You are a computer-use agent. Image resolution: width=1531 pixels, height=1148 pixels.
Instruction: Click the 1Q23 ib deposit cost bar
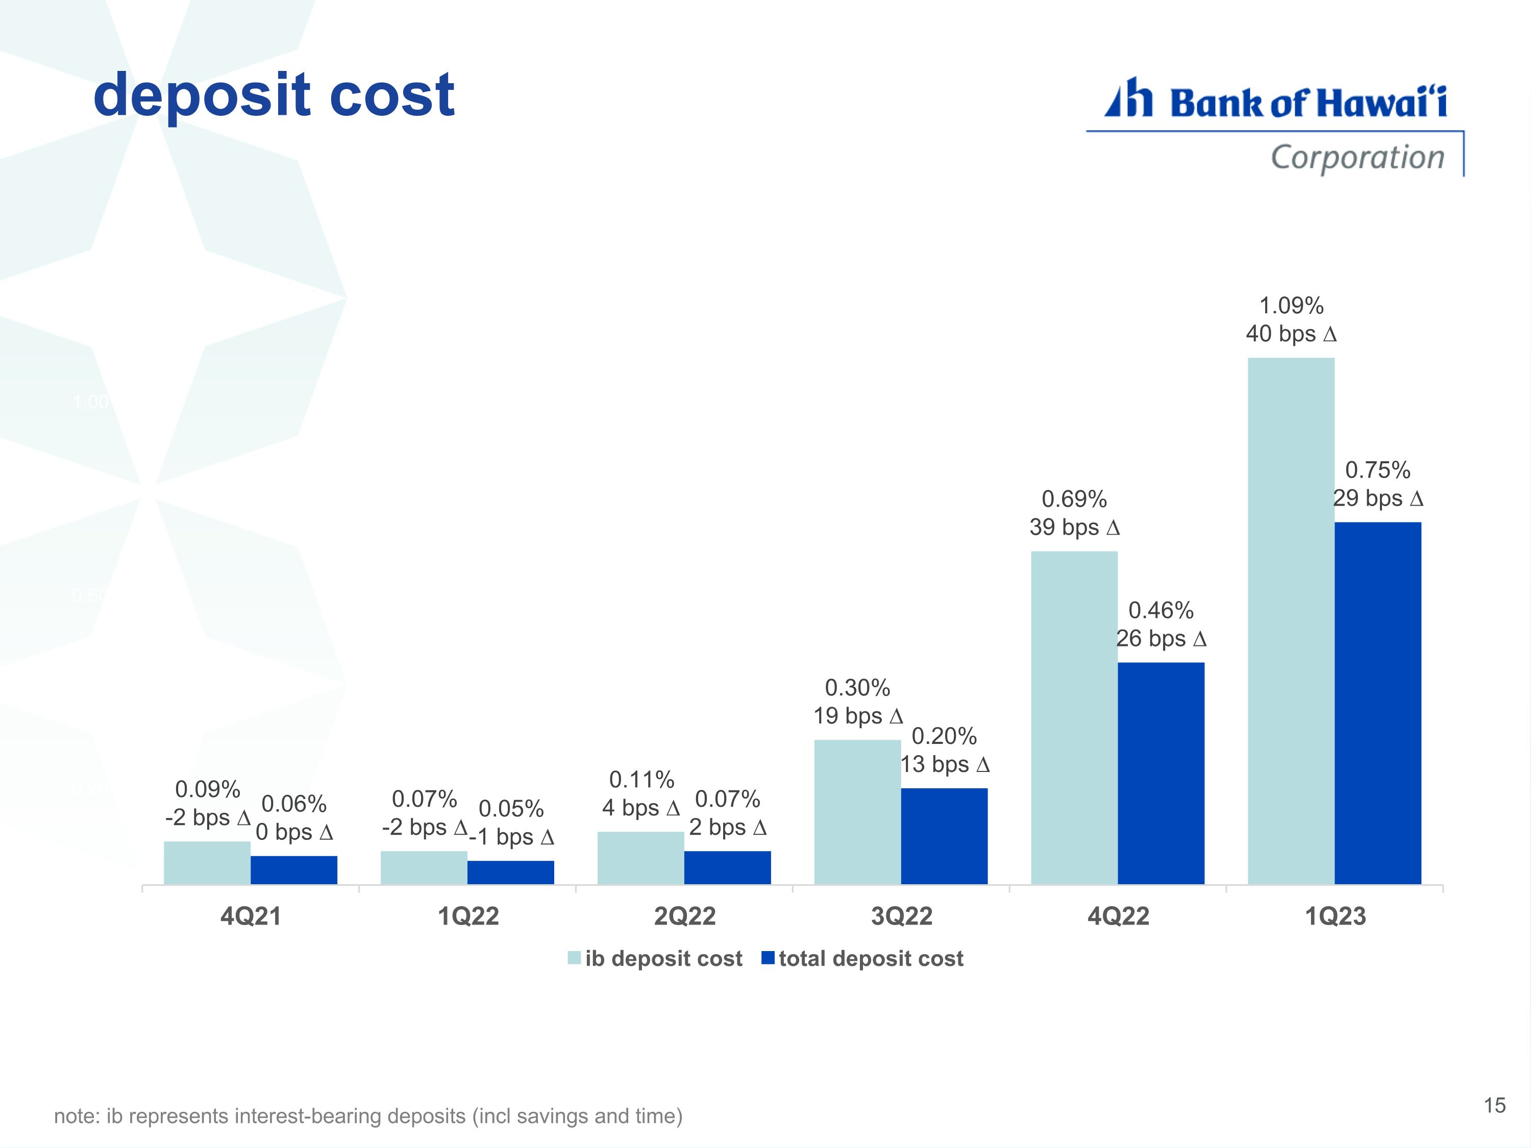(x=1291, y=621)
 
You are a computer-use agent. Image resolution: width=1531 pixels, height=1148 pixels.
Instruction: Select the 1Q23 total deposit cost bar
(x=1377, y=703)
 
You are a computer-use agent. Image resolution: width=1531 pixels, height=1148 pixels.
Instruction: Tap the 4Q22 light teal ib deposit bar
(x=1074, y=717)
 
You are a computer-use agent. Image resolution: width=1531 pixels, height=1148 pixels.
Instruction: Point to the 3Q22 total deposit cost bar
(x=944, y=836)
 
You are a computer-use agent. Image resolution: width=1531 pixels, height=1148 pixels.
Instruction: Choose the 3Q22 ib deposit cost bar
(x=857, y=812)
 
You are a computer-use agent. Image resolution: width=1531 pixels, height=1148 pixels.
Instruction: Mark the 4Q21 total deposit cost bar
(x=294, y=870)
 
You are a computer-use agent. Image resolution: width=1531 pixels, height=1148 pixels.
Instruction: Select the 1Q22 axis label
(x=468, y=916)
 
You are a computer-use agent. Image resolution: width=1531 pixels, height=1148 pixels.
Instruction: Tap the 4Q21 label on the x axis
(x=251, y=916)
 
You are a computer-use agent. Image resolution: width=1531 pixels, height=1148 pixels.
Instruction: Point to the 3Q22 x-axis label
(x=901, y=916)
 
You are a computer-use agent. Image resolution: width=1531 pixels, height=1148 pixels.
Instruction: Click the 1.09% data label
(x=1291, y=305)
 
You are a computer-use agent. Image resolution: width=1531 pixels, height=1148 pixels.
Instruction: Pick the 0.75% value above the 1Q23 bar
(x=1377, y=470)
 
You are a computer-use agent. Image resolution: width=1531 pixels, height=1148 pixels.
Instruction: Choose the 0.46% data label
(x=1160, y=610)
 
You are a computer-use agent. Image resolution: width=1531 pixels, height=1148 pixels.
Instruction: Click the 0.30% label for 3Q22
(x=857, y=688)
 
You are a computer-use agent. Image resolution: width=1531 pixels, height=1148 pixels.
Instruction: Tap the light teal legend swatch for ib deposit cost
(x=574, y=958)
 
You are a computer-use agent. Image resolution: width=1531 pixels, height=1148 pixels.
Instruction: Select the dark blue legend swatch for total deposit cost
(x=768, y=958)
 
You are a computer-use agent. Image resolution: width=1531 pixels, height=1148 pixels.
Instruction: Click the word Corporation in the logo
(x=1357, y=157)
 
